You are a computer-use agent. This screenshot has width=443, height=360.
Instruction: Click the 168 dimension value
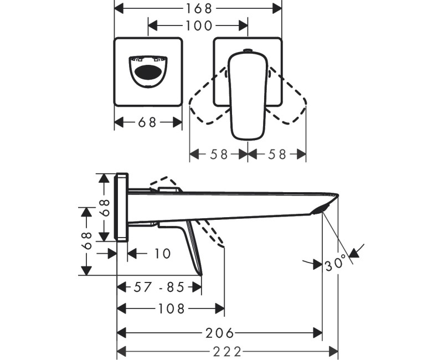pyautogui.click(x=198, y=8)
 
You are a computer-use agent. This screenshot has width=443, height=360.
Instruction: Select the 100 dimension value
pyautogui.click(x=198, y=25)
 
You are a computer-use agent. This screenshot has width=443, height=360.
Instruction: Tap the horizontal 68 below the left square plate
pyautogui.click(x=148, y=122)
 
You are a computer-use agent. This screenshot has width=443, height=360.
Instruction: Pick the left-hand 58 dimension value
pyautogui.click(x=218, y=155)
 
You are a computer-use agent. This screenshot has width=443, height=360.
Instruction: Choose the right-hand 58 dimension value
pyautogui.click(x=276, y=155)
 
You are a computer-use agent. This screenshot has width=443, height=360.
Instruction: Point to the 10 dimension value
pyautogui.click(x=162, y=254)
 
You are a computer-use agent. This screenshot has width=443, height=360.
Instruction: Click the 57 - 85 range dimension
pyautogui.click(x=159, y=287)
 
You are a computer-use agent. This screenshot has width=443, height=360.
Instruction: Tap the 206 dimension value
pyautogui.click(x=220, y=333)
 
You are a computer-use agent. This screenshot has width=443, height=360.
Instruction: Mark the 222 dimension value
pyautogui.click(x=227, y=352)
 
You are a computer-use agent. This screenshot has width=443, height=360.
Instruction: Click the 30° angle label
pyautogui.click(x=336, y=264)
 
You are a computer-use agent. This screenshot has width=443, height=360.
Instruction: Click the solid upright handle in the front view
pyautogui.click(x=248, y=94)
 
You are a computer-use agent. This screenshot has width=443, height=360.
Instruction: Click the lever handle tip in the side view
pyautogui.click(x=199, y=271)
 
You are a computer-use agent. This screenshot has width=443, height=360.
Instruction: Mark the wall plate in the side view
pyautogui.click(x=122, y=208)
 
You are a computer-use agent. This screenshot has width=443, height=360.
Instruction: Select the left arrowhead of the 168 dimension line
pyautogui.click(x=118, y=8)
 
